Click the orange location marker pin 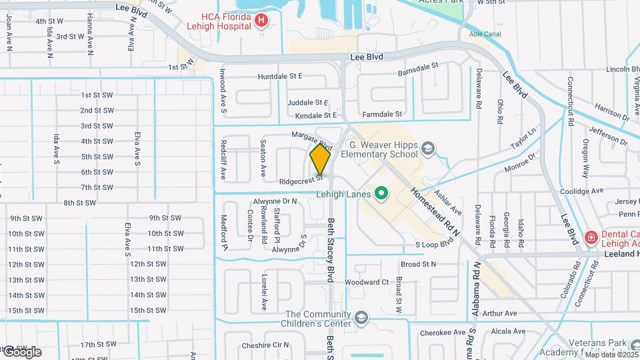coord(320,159)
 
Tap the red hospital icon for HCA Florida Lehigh coord(261,21)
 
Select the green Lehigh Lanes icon coord(381,194)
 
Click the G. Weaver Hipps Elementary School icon coord(429,149)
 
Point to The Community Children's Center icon coord(361,319)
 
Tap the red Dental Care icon coord(591,237)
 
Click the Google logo coord(21,351)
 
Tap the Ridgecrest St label coord(301,180)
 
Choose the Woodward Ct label coord(366,282)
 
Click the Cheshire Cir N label coord(265,345)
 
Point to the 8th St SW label coord(80,203)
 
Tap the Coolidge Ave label coord(582,191)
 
